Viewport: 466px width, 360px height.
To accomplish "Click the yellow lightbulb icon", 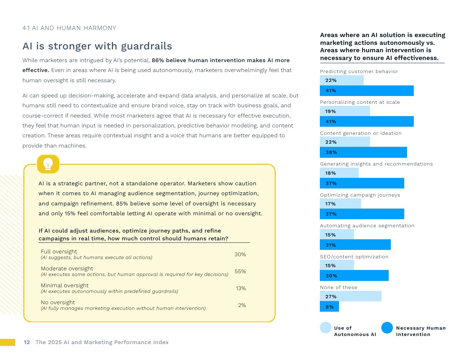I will coord(48,164).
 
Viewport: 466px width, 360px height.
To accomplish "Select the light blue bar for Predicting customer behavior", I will coord(341,80).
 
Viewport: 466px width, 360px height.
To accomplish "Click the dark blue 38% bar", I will coord(363,152).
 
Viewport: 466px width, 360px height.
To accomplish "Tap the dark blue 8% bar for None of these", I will coord(329,307).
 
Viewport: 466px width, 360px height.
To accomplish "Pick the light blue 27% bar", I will coord(351,296).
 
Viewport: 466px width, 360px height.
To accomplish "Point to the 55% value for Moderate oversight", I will coord(240,271).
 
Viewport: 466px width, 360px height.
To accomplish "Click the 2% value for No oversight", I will coord(242,305).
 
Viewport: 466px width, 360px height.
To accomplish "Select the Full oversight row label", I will coord(59,252).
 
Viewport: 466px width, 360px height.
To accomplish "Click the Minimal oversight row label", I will coord(65,286).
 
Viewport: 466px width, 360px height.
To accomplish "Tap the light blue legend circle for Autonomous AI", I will coord(325,328).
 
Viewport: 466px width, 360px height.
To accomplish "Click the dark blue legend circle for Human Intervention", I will coord(387,328).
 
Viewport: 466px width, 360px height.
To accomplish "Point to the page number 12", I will coord(27,342).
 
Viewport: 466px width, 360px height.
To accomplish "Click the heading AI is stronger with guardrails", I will coord(97,46).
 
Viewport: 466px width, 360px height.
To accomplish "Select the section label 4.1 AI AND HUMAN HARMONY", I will coord(69,28).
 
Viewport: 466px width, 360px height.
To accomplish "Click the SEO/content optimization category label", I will coord(354,257).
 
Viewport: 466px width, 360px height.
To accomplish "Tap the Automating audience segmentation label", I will coord(367,226).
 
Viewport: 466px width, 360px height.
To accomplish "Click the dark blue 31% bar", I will coord(355,245).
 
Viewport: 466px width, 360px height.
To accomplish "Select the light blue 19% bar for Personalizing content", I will coord(345,111).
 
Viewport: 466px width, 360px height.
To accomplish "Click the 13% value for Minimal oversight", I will coord(241,288).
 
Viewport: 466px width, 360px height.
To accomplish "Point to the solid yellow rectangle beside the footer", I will coord(7,342).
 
